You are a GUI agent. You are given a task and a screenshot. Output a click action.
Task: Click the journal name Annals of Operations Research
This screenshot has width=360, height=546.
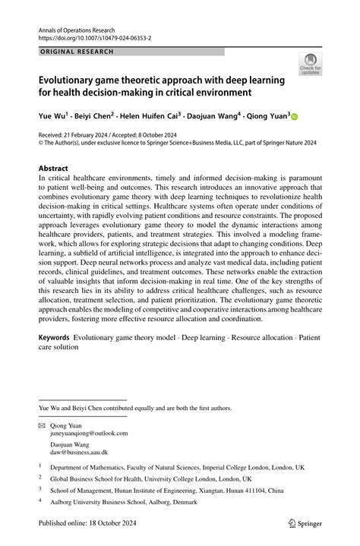[83, 27]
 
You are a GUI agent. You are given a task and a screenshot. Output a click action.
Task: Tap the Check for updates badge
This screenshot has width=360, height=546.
[310, 65]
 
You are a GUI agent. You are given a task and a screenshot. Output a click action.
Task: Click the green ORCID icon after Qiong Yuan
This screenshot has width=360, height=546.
[295, 117]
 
